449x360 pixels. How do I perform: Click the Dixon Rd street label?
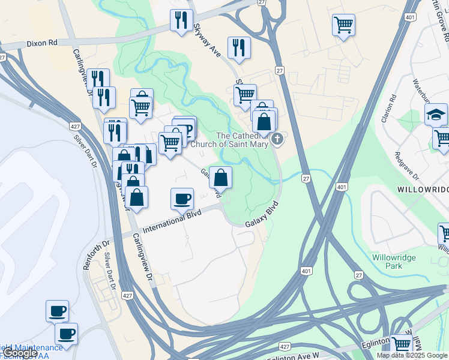(41, 44)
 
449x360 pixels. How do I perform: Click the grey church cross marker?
(277, 140)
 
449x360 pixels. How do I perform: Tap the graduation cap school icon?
(436, 113)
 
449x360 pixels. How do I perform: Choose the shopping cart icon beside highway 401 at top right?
(343, 25)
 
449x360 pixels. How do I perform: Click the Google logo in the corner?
(19, 353)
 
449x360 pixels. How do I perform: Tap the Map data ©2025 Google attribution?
(412, 355)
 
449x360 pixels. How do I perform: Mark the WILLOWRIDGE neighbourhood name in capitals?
(423, 189)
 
